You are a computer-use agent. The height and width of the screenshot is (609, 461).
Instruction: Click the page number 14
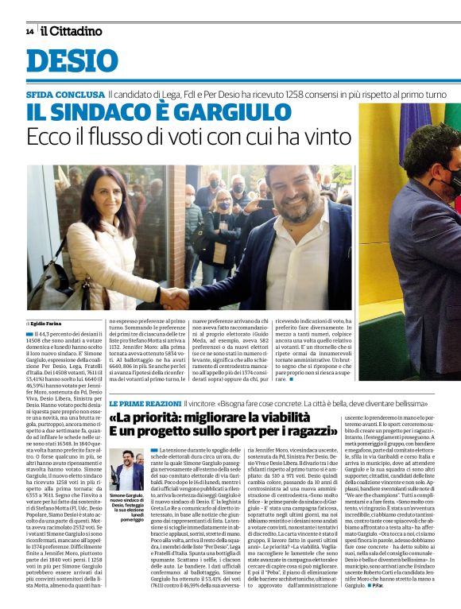click(29, 32)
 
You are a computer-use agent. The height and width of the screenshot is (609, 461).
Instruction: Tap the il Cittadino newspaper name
click(72, 31)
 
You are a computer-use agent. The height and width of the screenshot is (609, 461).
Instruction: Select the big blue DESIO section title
click(72, 61)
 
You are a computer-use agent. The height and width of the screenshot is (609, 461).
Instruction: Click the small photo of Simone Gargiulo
click(126, 470)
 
